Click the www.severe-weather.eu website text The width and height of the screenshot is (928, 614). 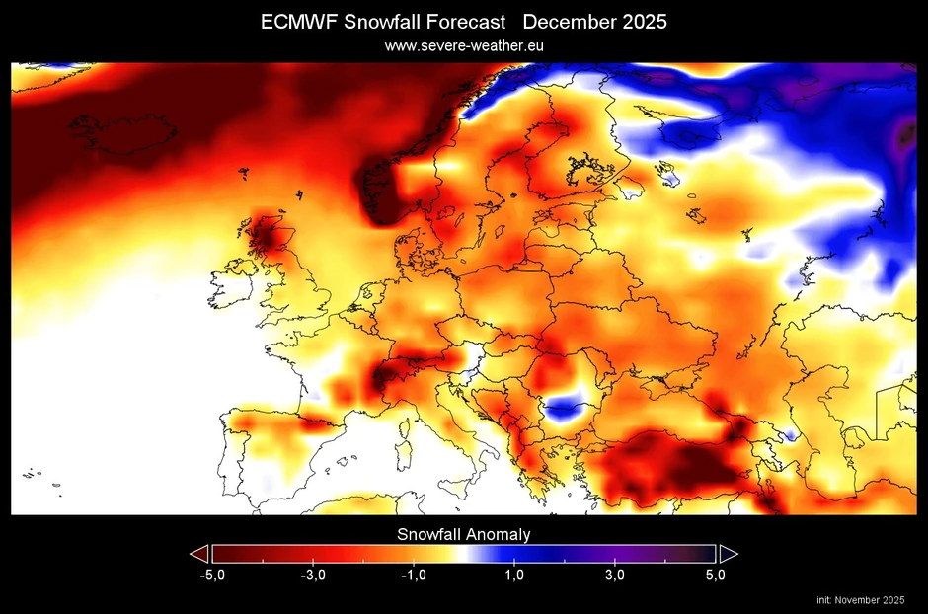pos(463,45)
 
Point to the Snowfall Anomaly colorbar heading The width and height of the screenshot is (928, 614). pos(464,534)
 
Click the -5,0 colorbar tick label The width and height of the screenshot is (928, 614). pos(210,576)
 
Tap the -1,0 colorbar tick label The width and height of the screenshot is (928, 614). pos(413,576)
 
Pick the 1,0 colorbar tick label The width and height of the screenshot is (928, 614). pos(514,576)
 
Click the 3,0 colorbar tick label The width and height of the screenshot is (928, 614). pos(615,576)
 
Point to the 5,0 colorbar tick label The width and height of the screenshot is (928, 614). pos(716,576)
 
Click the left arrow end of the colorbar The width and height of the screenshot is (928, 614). pos(198,553)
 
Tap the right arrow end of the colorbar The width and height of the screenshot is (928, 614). pos(729,553)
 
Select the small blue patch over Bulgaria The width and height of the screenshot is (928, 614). pos(565,408)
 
